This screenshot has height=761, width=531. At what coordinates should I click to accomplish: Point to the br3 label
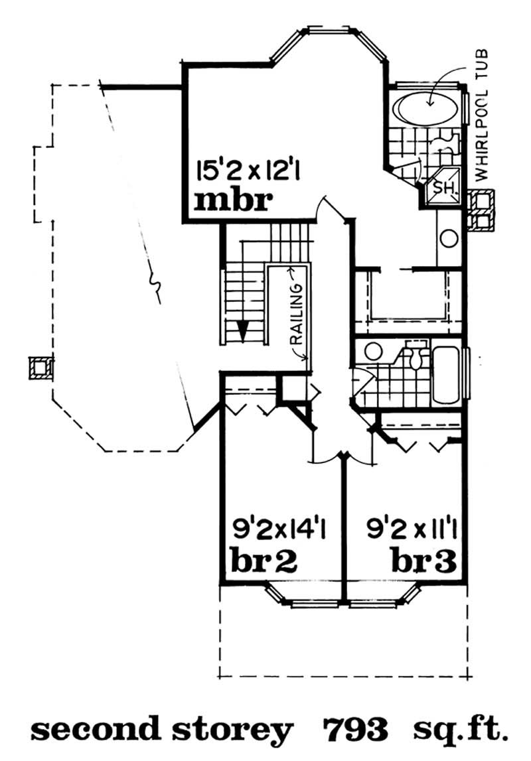click(x=423, y=562)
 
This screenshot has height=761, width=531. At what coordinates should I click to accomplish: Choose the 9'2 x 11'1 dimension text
click(x=414, y=531)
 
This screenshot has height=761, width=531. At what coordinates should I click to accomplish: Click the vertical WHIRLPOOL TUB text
click(x=483, y=114)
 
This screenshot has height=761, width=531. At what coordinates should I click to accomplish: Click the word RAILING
click(x=298, y=312)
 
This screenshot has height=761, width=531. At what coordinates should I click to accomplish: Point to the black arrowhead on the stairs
click(x=244, y=330)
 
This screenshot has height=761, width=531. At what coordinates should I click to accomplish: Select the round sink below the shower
click(x=449, y=237)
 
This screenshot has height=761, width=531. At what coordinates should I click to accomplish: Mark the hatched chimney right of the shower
click(x=481, y=210)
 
